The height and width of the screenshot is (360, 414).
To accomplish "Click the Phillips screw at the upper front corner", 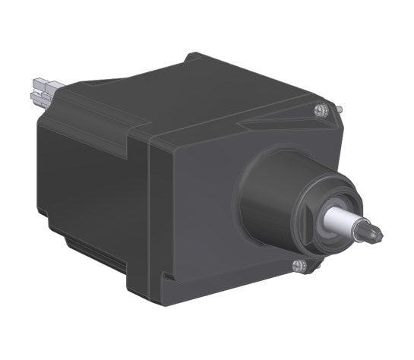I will tap(319, 110).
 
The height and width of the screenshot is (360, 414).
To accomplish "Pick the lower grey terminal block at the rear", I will tap(40, 96).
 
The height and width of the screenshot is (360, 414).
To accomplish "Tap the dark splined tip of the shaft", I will tap(370, 231).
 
